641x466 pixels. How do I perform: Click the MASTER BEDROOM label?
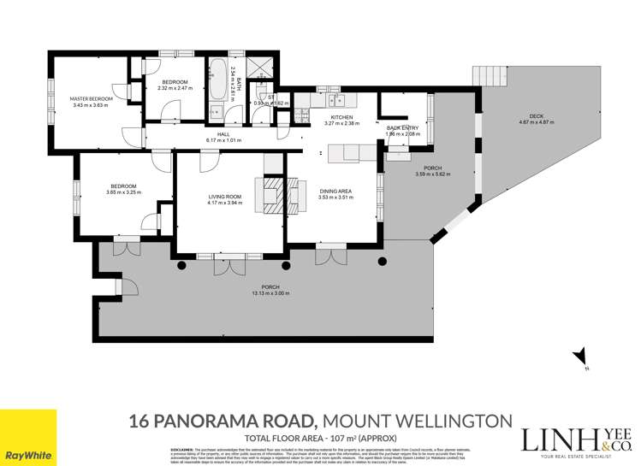tap(91, 99)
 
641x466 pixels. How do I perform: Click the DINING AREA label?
tap(335, 192)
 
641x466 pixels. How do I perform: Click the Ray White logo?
tap(28, 438)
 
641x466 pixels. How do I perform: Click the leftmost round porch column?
tap(181, 266)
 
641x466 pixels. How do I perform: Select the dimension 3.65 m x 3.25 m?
tap(122, 192)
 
